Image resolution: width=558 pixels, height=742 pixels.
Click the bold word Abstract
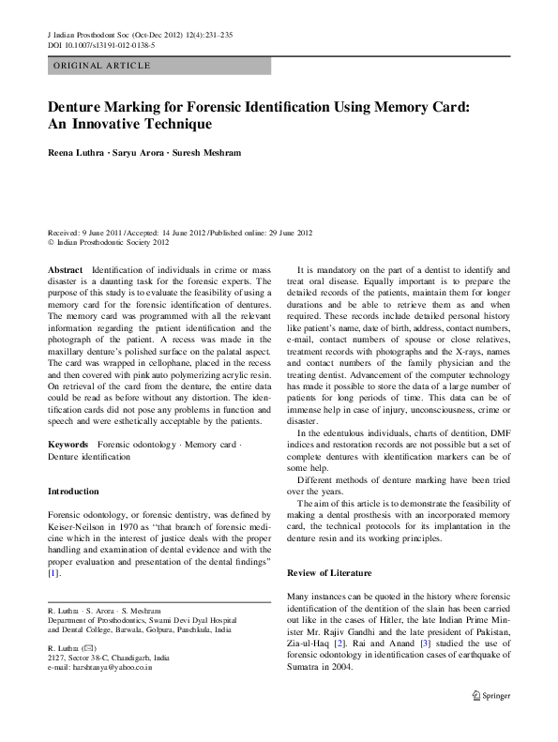click(65, 270)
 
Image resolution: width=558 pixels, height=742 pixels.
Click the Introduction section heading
click(73, 492)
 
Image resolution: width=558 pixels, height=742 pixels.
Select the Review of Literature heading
click(328, 572)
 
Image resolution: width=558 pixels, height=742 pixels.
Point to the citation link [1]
click(53, 572)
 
